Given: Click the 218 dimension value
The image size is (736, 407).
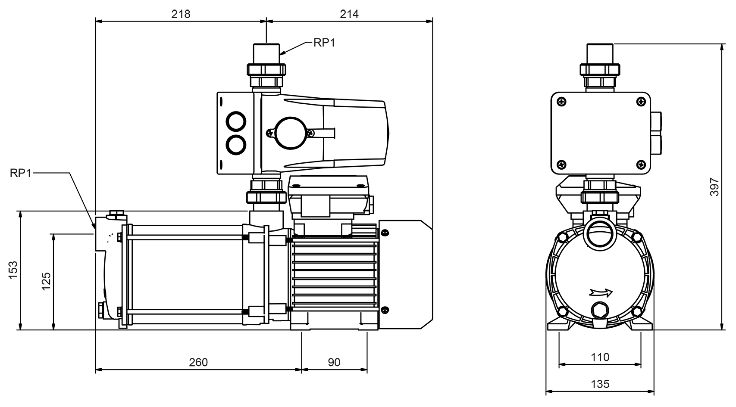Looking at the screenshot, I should (181, 14).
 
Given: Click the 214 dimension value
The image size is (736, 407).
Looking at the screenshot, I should (349, 14).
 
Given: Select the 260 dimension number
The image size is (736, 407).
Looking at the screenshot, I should (198, 362).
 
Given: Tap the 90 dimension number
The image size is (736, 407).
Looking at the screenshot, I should (334, 362).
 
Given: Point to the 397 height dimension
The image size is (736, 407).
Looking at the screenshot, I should (714, 186).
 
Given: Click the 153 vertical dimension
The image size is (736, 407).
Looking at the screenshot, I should (13, 270).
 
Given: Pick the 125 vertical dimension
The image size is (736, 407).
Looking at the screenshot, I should (46, 281).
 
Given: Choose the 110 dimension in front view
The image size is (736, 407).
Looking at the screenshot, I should (600, 357).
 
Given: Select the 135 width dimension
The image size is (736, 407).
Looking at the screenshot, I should (600, 384).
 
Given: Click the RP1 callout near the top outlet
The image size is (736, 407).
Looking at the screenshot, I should (324, 43).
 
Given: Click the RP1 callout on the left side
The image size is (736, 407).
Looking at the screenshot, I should (20, 173).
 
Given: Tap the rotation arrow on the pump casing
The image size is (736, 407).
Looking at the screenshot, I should (600, 293).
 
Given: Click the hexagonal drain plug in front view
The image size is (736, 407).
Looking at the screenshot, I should (599, 310).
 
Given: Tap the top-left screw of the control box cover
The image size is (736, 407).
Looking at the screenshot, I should (561, 101).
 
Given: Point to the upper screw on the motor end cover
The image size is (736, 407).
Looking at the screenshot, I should (385, 233).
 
